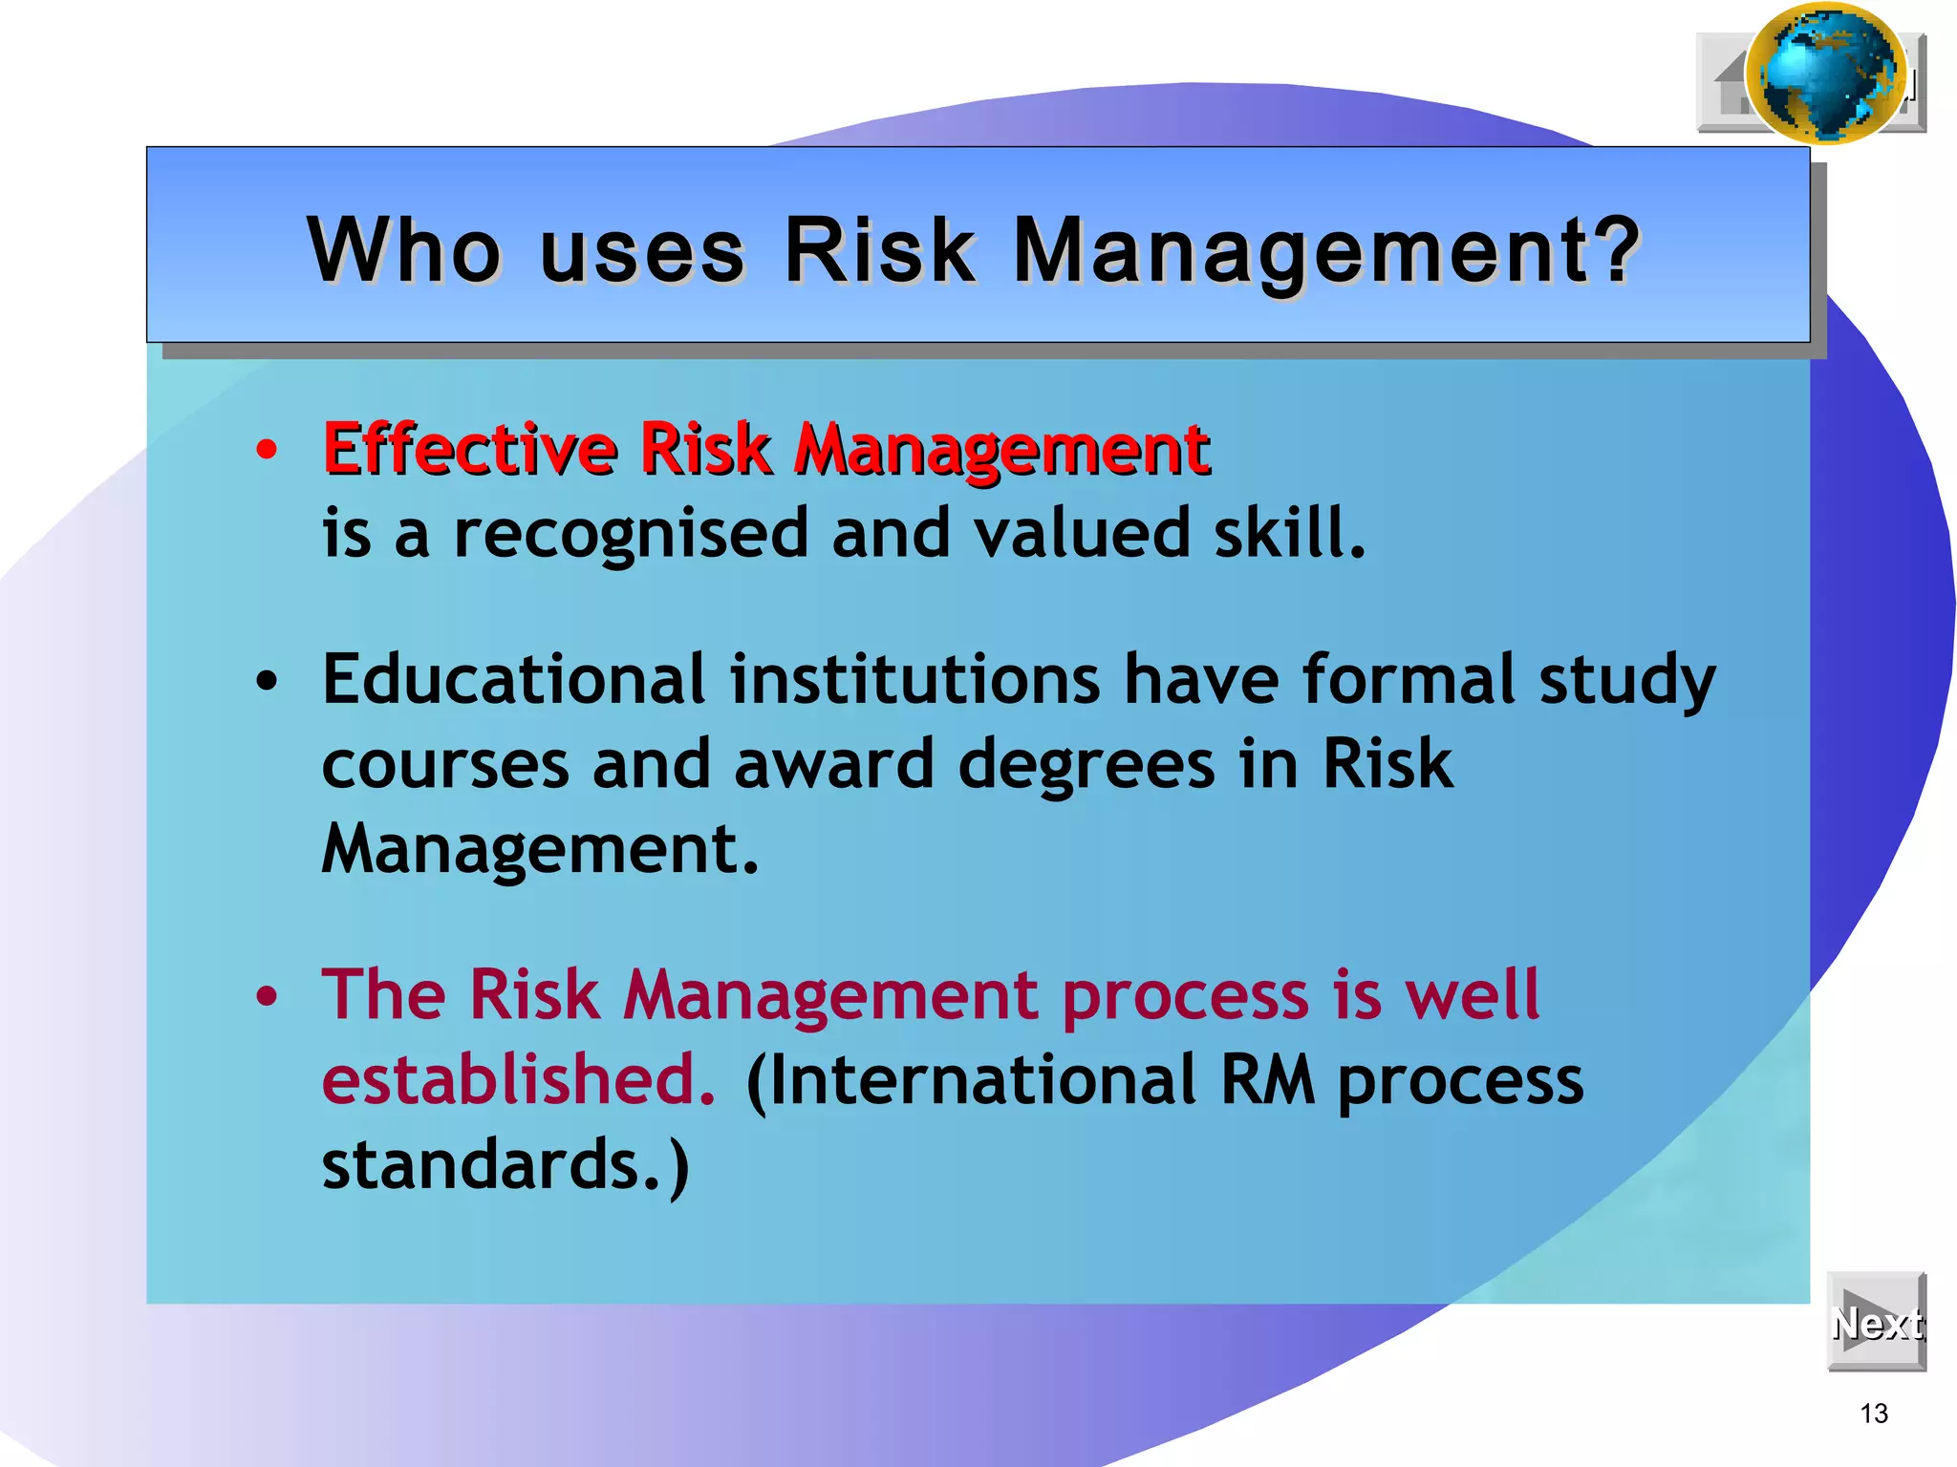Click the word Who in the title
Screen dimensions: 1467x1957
tap(403, 250)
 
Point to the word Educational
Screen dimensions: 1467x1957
tap(513, 680)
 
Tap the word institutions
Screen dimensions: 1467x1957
tap(915, 680)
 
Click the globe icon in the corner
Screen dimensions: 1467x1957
tap(1825, 73)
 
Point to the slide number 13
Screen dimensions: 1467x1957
tap(1874, 1414)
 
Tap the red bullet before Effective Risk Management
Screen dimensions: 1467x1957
tap(267, 449)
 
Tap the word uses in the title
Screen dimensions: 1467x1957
tap(641, 250)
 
